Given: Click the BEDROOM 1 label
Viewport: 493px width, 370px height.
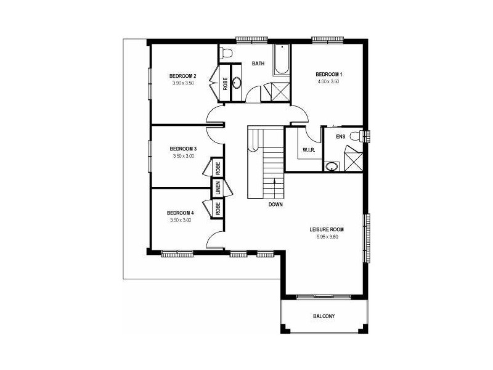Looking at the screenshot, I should coord(329,75).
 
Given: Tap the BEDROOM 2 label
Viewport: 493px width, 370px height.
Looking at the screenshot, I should coord(182,76).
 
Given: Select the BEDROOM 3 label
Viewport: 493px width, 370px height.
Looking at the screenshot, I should coord(182,149).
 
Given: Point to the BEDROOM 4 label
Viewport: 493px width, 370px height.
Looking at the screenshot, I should coord(181,213).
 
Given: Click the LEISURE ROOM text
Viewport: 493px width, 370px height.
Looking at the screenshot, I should coord(327,229).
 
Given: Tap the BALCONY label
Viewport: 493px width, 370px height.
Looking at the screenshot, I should coord(324,316).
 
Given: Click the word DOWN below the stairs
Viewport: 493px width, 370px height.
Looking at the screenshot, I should coord(275,204).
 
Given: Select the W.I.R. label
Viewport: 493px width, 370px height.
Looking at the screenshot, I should coord(309,150).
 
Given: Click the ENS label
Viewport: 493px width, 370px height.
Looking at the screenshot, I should coord(341,137).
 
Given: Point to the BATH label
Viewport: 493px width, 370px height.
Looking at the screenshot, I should coord(258,64).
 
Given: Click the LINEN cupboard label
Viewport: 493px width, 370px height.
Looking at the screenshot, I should coord(219,189).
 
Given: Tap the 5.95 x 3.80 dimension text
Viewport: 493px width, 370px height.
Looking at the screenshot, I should coord(327,236).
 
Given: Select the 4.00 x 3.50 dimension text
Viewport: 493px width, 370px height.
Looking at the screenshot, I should coord(329,81).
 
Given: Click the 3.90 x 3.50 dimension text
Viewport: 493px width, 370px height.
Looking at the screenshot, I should coord(183,83).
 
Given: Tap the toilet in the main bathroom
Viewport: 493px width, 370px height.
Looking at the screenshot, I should coord(226,52).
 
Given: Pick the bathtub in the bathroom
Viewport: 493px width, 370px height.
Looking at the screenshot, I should coord(281,60).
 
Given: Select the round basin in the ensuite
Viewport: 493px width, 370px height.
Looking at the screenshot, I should coord(332,166).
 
